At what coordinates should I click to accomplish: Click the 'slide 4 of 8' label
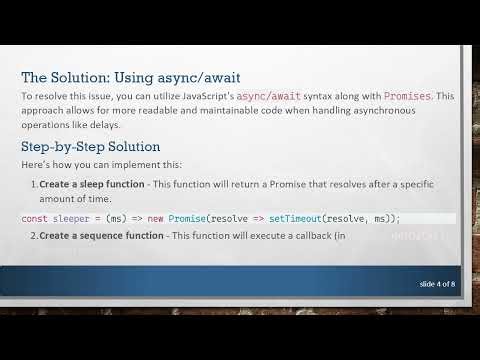436,285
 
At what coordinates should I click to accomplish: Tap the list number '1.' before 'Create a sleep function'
33,185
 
